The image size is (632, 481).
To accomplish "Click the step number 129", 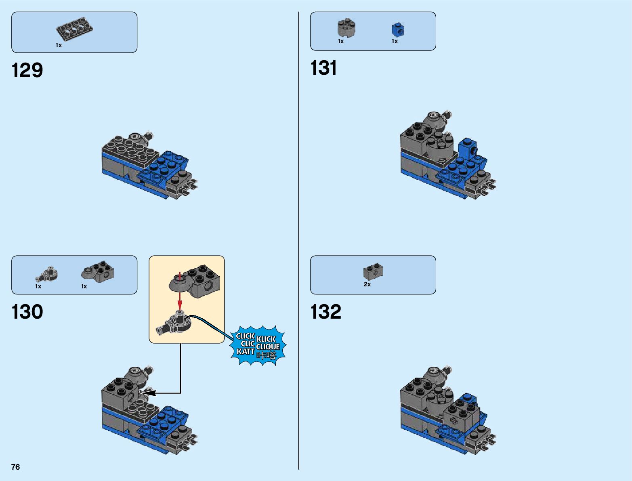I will click(x=27, y=70).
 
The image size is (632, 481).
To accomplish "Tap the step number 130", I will click(x=27, y=312).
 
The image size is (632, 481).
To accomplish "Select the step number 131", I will click(x=323, y=68).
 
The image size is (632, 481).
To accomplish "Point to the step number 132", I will click(x=325, y=312).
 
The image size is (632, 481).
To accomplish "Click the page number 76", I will click(x=15, y=467).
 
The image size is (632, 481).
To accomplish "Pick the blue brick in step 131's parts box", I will click(x=398, y=29).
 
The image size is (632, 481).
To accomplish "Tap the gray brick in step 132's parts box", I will click(x=373, y=272).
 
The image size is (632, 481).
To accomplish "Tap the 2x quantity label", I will click(x=367, y=284).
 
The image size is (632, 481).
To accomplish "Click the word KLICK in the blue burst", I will click(x=266, y=339).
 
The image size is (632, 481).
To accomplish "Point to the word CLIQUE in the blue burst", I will click(x=268, y=347).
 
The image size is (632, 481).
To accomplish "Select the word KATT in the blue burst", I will click(x=246, y=351).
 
